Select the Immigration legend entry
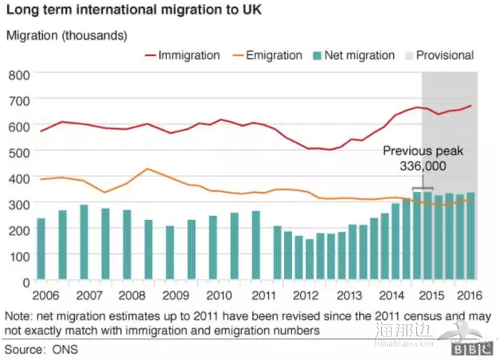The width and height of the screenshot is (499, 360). [188, 55]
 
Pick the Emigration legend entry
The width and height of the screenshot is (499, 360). [272, 55]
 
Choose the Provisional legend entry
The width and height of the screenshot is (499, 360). [446, 55]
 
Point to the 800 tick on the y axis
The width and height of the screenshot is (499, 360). [19, 74]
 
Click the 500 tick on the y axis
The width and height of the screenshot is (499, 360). [19, 152]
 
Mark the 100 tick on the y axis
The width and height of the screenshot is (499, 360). [19, 256]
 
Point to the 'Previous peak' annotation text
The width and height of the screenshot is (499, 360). [423, 151]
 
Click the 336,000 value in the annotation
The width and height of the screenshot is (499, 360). [423, 166]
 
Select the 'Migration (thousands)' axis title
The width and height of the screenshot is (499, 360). [67, 36]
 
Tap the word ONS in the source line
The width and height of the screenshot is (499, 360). [68, 348]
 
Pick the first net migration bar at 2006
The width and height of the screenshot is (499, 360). [41, 249]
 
